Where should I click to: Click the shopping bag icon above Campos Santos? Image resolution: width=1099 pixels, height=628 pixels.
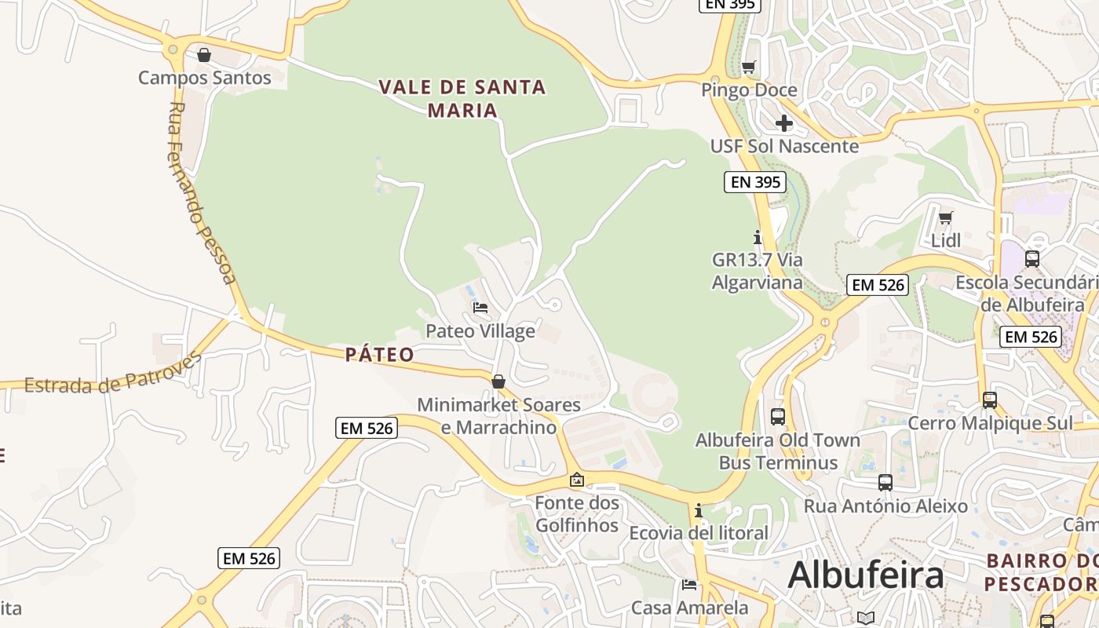(x=204, y=55)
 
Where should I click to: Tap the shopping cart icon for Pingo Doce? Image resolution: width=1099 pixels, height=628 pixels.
(x=749, y=67)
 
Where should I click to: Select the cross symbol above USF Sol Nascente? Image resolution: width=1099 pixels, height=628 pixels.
(x=783, y=123)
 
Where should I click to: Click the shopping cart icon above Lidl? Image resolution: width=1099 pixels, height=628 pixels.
(x=946, y=217)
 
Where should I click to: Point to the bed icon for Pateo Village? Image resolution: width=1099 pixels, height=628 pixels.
(x=480, y=307)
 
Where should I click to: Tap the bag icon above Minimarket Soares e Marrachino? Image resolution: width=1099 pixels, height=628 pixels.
(x=498, y=382)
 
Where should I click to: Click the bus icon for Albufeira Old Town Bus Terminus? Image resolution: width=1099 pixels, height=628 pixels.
(x=778, y=417)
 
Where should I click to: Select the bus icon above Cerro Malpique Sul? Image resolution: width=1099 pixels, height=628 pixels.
(x=990, y=400)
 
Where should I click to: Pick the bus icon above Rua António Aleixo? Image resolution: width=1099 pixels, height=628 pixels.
(x=885, y=483)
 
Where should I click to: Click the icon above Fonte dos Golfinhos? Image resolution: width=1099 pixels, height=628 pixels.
(x=577, y=479)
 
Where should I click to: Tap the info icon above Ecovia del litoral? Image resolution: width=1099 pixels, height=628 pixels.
(x=699, y=511)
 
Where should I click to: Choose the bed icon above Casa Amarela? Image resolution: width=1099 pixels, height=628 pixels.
(x=689, y=584)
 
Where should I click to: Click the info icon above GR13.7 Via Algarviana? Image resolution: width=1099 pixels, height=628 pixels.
(x=758, y=236)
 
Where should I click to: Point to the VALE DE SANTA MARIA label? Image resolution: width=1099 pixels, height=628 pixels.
(x=462, y=98)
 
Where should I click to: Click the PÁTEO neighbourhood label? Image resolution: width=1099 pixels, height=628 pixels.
(x=380, y=355)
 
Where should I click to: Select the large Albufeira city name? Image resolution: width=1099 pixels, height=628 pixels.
(x=865, y=575)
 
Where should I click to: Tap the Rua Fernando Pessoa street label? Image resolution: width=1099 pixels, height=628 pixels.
(x=201, y=192)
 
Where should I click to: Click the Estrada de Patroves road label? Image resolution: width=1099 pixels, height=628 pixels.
(x=113, y=374)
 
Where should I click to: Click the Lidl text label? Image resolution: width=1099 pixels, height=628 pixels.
(x=946, y=240)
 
